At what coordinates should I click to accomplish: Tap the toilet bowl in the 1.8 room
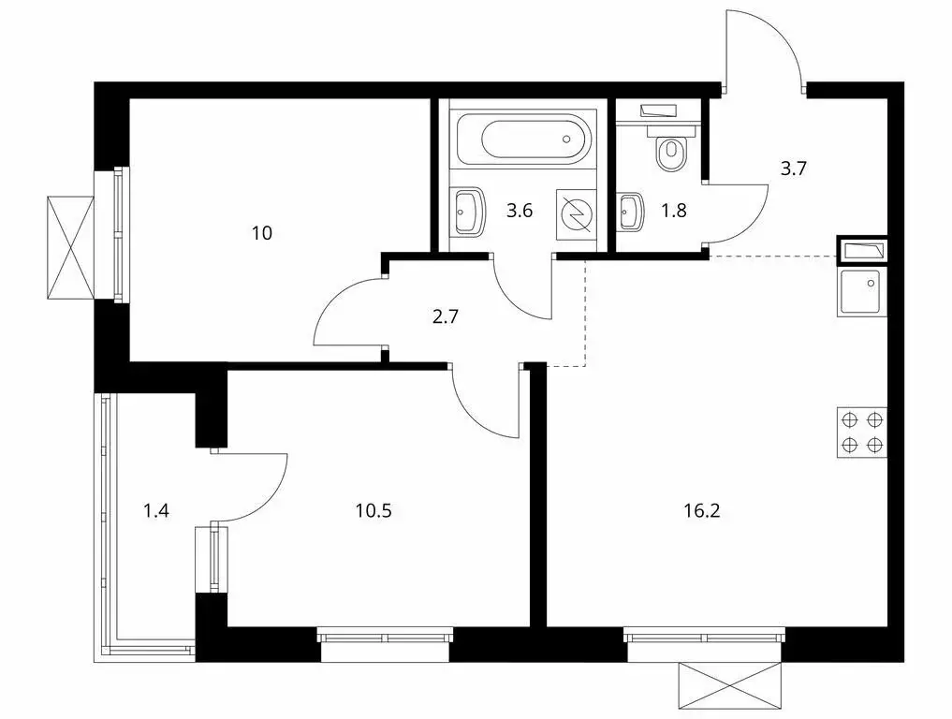point(670,153)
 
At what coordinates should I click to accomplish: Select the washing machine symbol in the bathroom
point(577,214)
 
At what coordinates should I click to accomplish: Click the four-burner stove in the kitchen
point(862,432)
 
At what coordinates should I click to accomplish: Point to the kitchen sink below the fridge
point(862,292)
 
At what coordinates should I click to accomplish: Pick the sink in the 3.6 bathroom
point(467,211)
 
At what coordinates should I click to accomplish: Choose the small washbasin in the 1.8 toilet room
point(630,212)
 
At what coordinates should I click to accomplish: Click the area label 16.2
point(702,511)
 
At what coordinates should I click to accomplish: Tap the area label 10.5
point(373,511)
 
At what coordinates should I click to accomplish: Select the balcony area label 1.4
point(156,511)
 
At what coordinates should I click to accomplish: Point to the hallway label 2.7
point(445,316)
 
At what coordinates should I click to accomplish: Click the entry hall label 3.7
point(794,169)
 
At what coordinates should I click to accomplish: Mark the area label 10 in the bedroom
point(262,232)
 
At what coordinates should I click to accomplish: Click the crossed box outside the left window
point(70,246)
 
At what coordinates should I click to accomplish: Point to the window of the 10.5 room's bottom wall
point(385,637)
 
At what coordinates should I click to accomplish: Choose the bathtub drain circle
point(566,139)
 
